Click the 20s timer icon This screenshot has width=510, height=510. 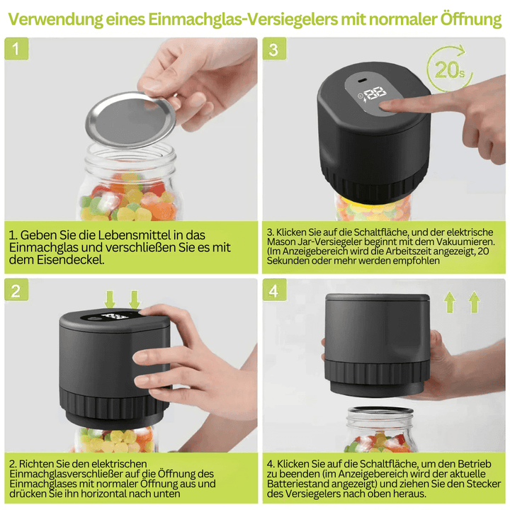[x=450, y=69]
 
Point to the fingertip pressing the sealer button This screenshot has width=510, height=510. [x=388, y=106]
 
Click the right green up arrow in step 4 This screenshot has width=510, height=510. [x=474, y=302]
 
